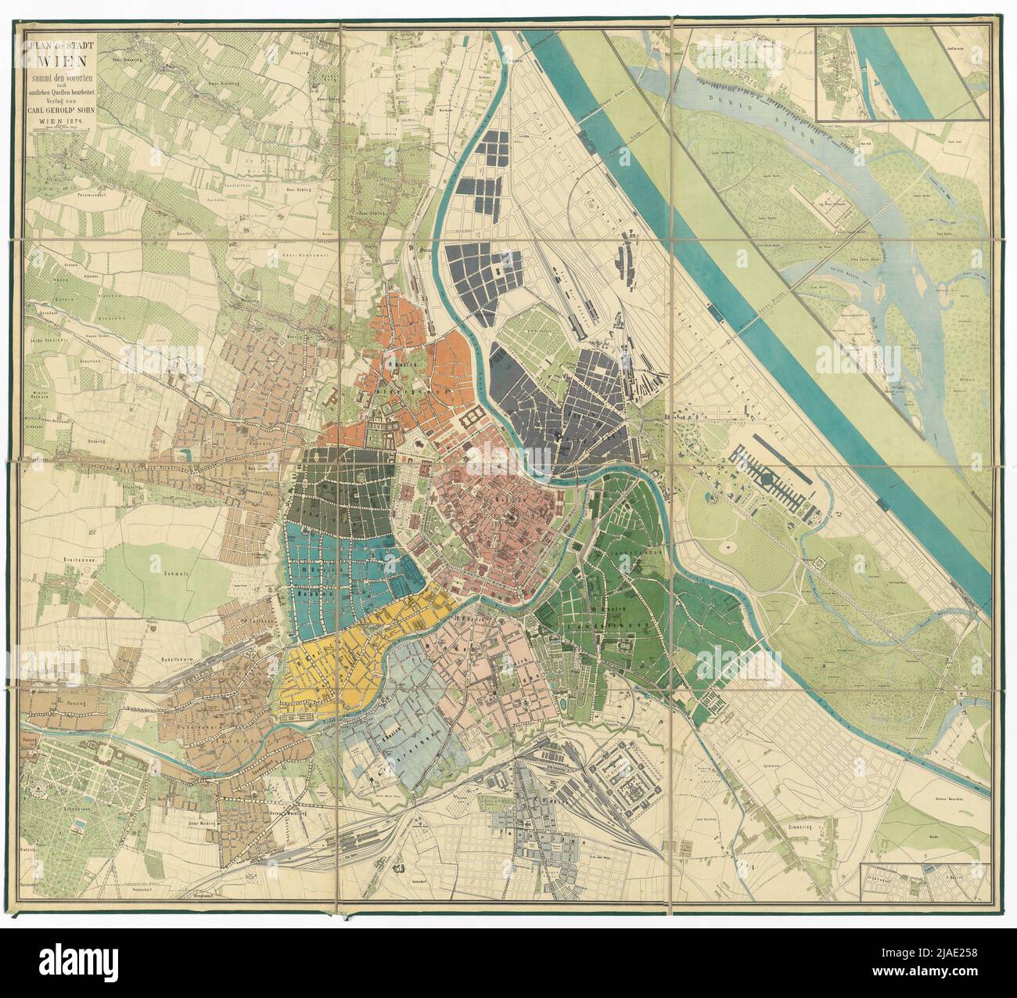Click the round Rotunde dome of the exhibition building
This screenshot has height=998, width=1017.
click(767, 474)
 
